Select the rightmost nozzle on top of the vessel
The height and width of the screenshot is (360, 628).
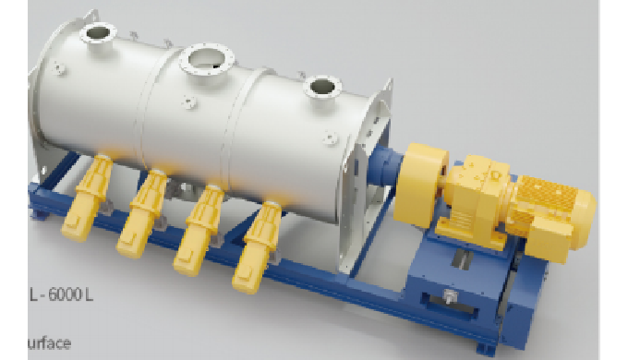click(x=321, y=89)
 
